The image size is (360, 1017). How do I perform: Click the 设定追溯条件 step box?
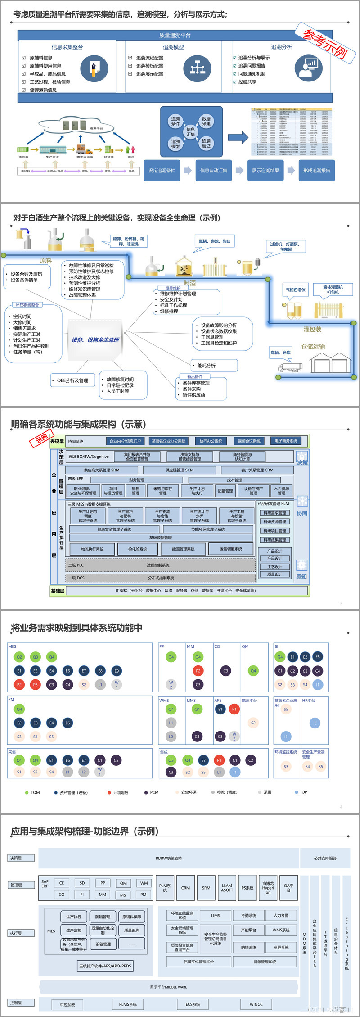pyautogui.click(x=162, y=171)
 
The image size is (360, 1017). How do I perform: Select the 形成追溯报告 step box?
pyautogui.click(x=317, y=171)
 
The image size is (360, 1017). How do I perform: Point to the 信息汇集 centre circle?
pyautogui.click(x=191, y=131)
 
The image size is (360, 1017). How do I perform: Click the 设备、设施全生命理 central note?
pyautogui.click(x=95, y=340)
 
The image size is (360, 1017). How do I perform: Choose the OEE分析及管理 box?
pyautogui.click(x=72, y=380)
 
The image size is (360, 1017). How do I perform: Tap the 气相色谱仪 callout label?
pyautogui.click(x=296, y=290)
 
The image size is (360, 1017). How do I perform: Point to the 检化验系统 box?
pyautogui.click(x=138, y=549)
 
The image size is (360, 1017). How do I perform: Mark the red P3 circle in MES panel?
pyautogui.click(x=36, y=684)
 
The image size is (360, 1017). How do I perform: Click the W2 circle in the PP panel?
pyautogui.click(x=171, y=684)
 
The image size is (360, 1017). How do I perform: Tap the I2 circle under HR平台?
pyautogui.click(x=315, y=723)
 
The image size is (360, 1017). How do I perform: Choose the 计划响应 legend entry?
pyautogui.click(x=118, y=792)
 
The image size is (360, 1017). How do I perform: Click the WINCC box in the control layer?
pyautogui.click(x=256, y=1004)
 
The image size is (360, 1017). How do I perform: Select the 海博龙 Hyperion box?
pyautogui.click(x=268, y=888)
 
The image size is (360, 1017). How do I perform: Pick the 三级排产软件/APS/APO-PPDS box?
pyautogui.click(x=105, y=966)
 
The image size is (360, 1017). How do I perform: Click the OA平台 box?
pyautogui.click(x=289, y=888)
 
